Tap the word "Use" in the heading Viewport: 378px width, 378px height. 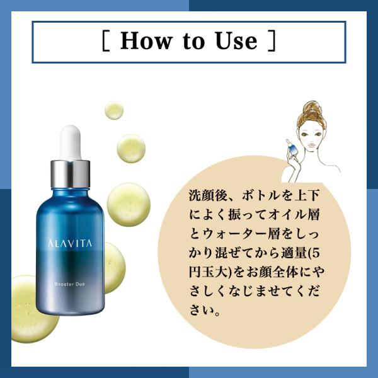(x=236, y=40)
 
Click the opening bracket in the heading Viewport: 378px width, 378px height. (x=106, y=40)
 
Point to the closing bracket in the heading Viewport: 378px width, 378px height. (x=272, y=40)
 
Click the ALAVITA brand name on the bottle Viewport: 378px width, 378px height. (x=70, y=243)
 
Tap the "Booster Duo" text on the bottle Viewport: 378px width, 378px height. (x=70, y=284)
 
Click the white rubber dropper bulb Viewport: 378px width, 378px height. (x=71, y=142)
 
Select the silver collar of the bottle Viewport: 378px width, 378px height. (x=71, y=174)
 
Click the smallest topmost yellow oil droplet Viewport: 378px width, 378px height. (x=114, y=110)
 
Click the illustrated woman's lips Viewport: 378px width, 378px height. (x=312, y=145)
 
